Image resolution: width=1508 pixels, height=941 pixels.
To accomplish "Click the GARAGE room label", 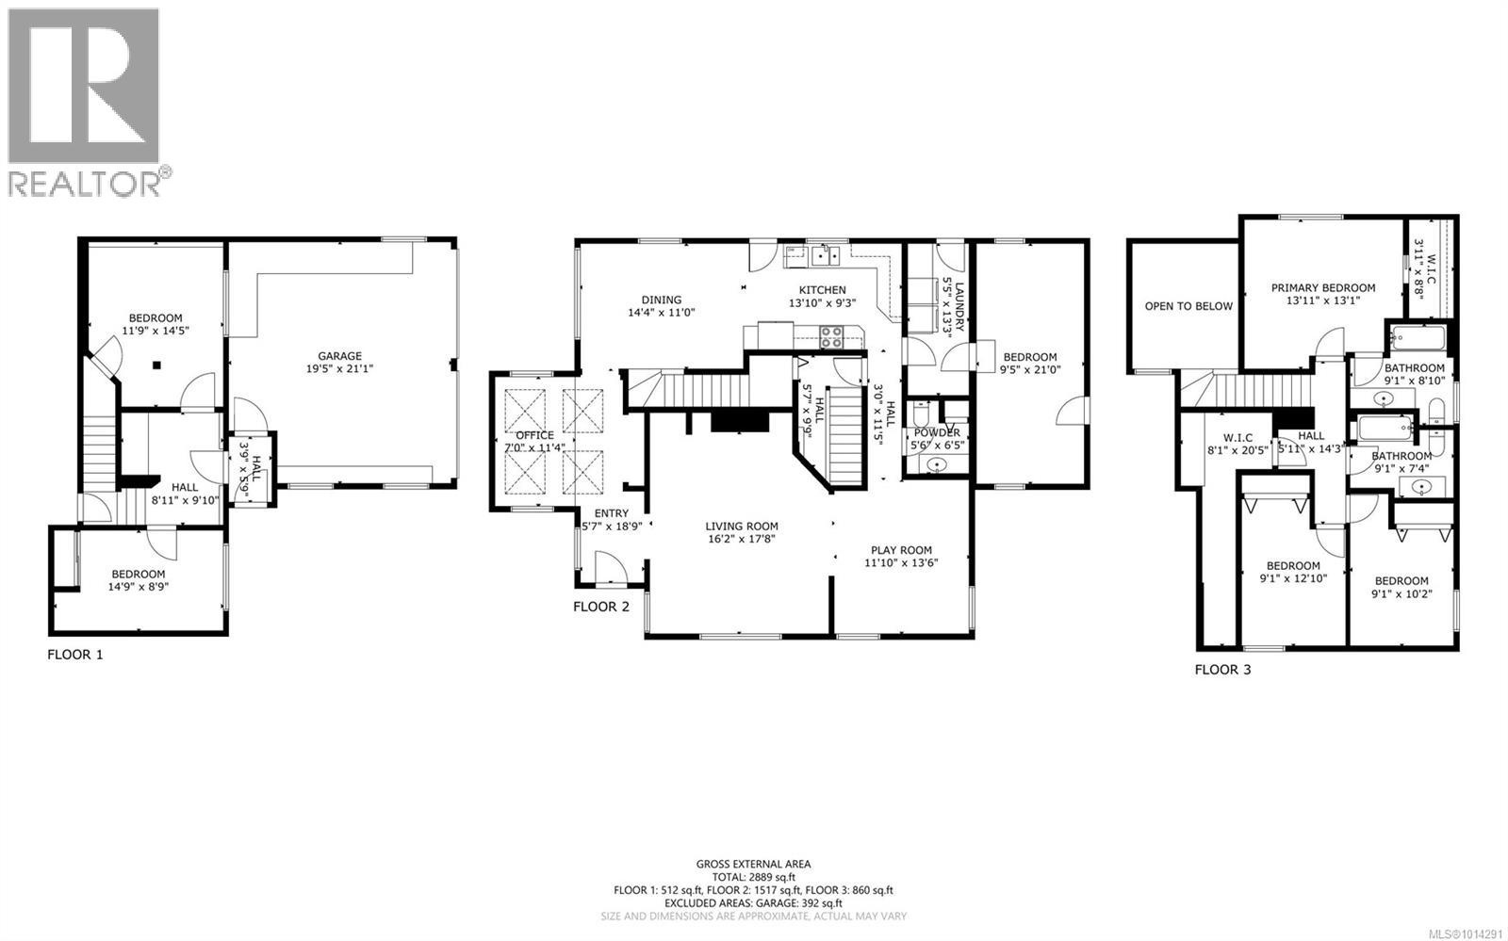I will point(339,356).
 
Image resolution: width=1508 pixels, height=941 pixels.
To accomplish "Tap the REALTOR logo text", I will point(85,183).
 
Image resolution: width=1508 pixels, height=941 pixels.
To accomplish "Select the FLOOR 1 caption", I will point(74,654).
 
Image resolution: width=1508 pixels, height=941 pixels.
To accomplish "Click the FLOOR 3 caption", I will point(1222,670).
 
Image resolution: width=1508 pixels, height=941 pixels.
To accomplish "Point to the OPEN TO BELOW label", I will point(1188,306).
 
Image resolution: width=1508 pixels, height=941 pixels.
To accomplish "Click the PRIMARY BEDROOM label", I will point(1322,288).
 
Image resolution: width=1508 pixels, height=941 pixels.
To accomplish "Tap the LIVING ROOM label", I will point(742,527).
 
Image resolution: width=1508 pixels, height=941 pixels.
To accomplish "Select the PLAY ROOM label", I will point(901,550).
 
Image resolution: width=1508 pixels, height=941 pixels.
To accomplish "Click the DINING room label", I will point(662,300).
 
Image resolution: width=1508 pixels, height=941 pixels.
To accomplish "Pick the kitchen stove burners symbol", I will point(831,336).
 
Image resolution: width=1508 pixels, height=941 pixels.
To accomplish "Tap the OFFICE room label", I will point(534,435).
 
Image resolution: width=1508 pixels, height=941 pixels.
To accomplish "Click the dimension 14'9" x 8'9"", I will point(138,587).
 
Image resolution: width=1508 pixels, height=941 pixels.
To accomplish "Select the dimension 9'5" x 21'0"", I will point(1029,369).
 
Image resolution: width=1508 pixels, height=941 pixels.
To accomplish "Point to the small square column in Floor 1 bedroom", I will point(158,364).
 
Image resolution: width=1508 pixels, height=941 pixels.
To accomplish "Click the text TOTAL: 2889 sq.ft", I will point(753,877).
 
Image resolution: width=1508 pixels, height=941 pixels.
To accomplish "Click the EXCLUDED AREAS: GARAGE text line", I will point(753,902).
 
